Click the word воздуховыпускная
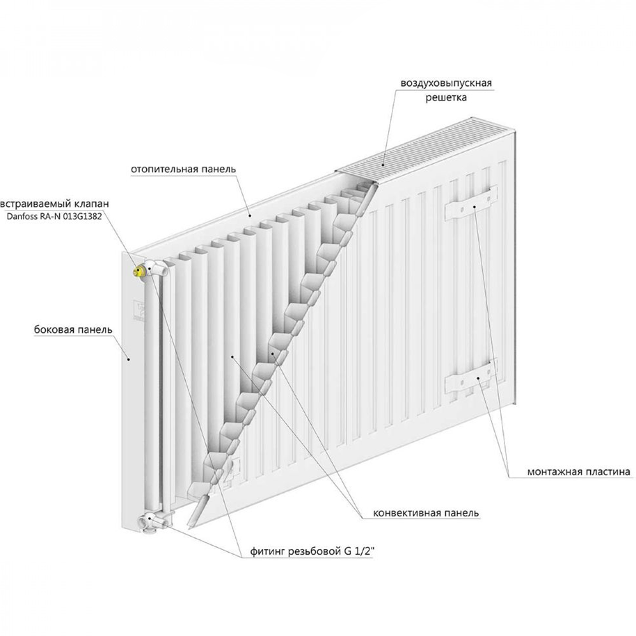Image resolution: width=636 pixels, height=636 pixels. [x=446, y=83]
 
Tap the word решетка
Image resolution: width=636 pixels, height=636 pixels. [x=446, y=98]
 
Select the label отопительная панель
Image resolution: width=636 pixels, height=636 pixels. [x=183, y=169]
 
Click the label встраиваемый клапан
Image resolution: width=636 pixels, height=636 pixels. [x=55, y=204]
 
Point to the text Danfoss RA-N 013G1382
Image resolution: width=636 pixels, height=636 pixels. [x=54, y=216]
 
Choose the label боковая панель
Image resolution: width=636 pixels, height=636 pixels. [x=73, y=329]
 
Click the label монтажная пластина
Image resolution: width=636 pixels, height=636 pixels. [x=579, y=472]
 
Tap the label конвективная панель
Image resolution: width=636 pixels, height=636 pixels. [x=426, y=513]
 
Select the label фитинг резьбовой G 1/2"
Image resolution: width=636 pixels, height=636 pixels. [x=312, y=551]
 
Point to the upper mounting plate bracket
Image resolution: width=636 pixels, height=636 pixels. [x=471, y=203]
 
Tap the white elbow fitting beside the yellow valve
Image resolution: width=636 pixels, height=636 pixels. [x=156, y=268]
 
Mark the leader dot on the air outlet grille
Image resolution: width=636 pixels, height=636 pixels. [x=384, y=165]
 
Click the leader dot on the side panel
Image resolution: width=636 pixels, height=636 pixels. [x=128, y=359]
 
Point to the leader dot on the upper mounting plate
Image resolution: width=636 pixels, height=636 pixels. [x=474, y=207]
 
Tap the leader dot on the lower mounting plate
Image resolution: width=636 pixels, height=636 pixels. [x=479, y=378]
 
